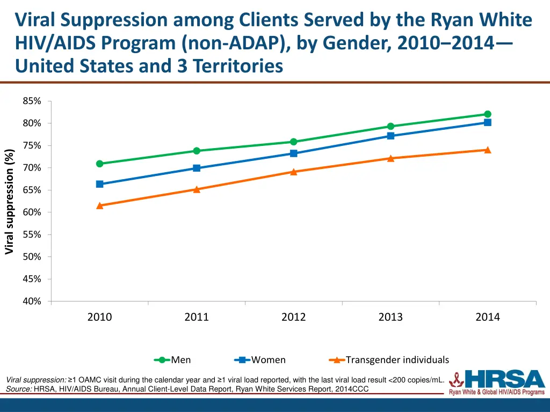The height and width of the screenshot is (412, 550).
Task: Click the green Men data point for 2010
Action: tap(100, 164)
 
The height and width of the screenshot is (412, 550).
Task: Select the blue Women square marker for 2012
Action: tap(294, 153)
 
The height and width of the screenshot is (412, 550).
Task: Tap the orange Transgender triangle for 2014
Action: tap(488, 150)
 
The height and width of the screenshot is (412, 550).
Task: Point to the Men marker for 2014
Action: tap(488, 114)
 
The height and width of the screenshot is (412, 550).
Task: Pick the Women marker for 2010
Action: tap(100, 184)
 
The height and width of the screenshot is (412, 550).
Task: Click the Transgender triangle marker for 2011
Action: tap(197, 189)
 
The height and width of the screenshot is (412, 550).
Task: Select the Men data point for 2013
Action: tap(390, 127)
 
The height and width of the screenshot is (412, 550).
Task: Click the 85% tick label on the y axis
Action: tap(32, 101)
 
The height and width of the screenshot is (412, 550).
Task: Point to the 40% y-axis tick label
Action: tap(32, 301)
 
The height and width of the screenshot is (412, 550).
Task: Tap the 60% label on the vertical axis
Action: tap(32, 212)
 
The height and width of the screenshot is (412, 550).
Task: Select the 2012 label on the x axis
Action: tap(293, 317)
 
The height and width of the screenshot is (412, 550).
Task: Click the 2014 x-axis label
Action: tap(487, 317)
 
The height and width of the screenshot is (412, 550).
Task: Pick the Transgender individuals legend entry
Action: tap(389, 360)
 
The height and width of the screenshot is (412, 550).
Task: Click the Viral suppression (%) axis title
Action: tap(9, 202)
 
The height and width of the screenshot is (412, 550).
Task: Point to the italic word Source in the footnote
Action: tap(18, 389)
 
